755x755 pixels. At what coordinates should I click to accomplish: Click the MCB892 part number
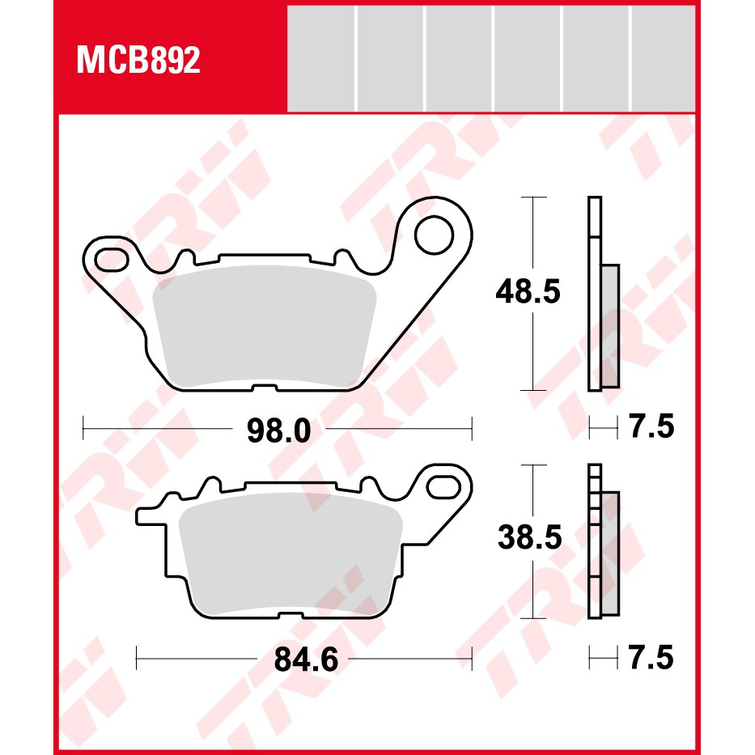pos(138,61)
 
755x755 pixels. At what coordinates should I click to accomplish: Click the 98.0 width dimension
pos(279,430)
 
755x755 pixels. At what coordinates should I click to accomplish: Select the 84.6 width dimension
pos(306,660)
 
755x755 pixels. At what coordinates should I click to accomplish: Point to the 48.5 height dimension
pos(528,292)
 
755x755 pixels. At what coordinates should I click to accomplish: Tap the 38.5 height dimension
pos(530,537)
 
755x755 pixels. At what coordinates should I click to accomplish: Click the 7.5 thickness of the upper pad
pos(652,426)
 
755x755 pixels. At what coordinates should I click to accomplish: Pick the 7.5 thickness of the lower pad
pos(651,658)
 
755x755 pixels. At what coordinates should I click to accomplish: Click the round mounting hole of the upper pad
pos(434,235)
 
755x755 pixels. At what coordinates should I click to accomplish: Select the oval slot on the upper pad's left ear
pos(112,260)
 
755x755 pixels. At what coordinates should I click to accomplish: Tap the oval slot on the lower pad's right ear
pos(443,486)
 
